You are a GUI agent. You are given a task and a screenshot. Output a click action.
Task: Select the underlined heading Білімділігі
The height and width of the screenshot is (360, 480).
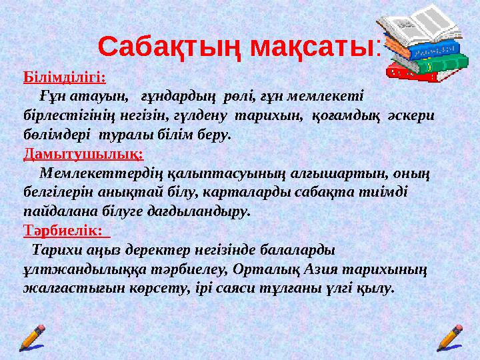point(64,77)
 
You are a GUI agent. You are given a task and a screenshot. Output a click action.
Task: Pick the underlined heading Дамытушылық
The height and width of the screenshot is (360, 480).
point(83,154)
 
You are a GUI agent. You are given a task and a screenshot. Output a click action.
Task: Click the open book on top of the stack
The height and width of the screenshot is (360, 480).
point(417,29)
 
